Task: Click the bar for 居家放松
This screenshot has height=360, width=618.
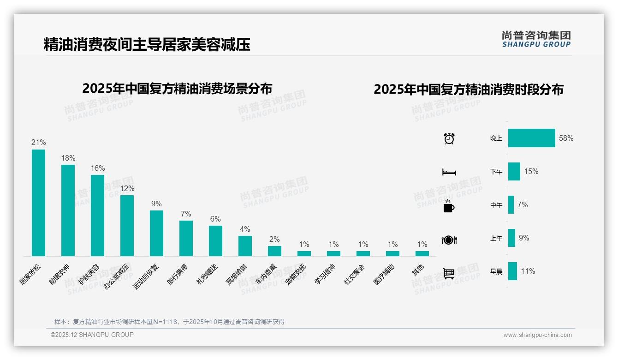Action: click(x=38, y=203)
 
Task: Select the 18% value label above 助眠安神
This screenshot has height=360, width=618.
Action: click(x=68, y=158)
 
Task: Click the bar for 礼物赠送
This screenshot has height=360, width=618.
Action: click(x=215, y=240)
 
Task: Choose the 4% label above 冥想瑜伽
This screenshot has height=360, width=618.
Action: click(x=245, y=229)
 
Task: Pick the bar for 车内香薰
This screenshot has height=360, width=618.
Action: click(x=274, y=251)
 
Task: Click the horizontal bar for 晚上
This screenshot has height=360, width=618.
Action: click(x=531, y=138)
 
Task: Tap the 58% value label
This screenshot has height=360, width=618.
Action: click(x=566, y=138)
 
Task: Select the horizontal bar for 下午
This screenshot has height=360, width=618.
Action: click(x=514, y=171)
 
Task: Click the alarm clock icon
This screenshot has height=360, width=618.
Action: click(x=449, y=138)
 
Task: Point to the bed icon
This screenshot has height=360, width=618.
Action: click(x=449, y=172)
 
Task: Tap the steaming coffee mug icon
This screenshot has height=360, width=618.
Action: click(x=449, y=206)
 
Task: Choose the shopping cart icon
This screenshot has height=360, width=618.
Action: click(x=449, y=273)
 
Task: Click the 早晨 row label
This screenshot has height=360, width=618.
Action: click(x=496, y=271)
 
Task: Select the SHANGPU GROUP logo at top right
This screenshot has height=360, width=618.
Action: click(x=536, y=39)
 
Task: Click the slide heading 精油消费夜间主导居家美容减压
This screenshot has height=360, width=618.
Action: click(x=147, y=45)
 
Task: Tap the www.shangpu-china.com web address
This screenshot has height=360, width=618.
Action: click(x=537, y=335)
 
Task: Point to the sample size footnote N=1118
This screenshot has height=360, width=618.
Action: click(x=169, y=322)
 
